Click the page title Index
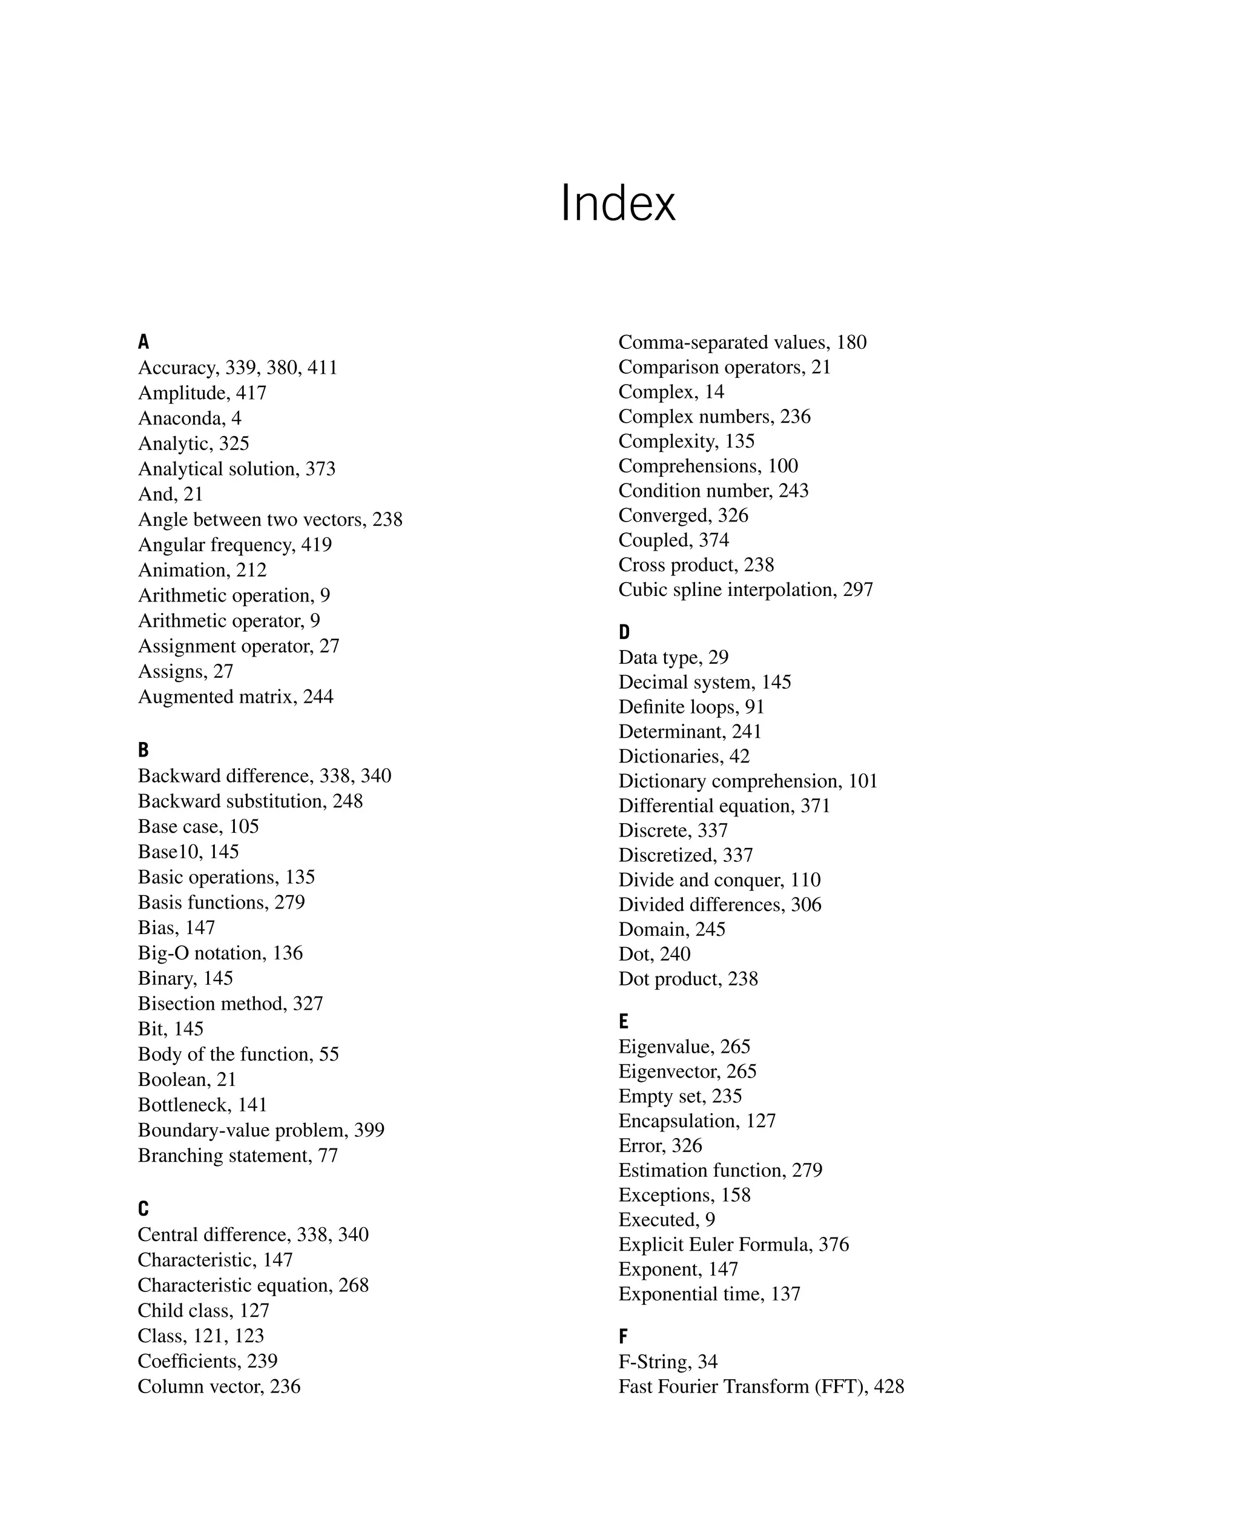click(x=618, y=204)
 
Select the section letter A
click(x=143, y=342)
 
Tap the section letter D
click(x=624, y=632)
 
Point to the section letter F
click(x=624, y=1336)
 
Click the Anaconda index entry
click(x=190, y=418)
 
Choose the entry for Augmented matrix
click(x=235, y=697)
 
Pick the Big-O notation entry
click(x=220, y=953)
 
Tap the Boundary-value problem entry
click(x=261, y=1130)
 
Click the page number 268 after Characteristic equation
click(x=354, y=1285)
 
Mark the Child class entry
click(x=203, y=1310)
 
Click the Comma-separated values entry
click(x=742, y=342)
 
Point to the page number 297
click(x=858, y=589)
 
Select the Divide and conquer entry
click(x=719, y=879)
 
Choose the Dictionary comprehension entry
click(x=748, y=781)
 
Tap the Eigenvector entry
click(x=687, y=1071)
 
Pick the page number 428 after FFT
click(x=889, y=1386)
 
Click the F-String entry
click(x=668, y=1362)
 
